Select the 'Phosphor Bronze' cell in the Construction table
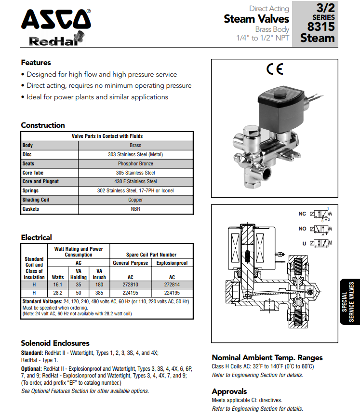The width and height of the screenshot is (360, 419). (x=135, y=163)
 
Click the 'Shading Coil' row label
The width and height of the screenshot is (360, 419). (x=36, y=200)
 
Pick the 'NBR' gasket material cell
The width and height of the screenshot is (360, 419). (x=135, y=209)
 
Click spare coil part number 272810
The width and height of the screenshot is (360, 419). (x=130, y=285)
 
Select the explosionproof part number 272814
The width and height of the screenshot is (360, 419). (x=172, y=285)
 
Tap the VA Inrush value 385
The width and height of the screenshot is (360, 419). (x=99, y=292)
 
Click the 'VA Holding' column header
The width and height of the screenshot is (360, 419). (x=79, y=274)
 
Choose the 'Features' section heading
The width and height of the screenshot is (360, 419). (x=36, y=63)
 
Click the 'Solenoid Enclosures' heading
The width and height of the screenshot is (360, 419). (x=55, y=343)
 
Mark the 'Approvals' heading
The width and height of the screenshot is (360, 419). (x=229, y=391)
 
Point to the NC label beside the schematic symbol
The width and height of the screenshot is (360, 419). (x=302, y=214)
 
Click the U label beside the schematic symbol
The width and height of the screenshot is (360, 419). (x=304, y=243)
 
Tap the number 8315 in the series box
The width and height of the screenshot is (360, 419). (x=321, y=27)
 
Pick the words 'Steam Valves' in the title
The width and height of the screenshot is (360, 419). (x=256, y=19)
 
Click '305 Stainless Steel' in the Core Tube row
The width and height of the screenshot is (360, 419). (x=135, y=173)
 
